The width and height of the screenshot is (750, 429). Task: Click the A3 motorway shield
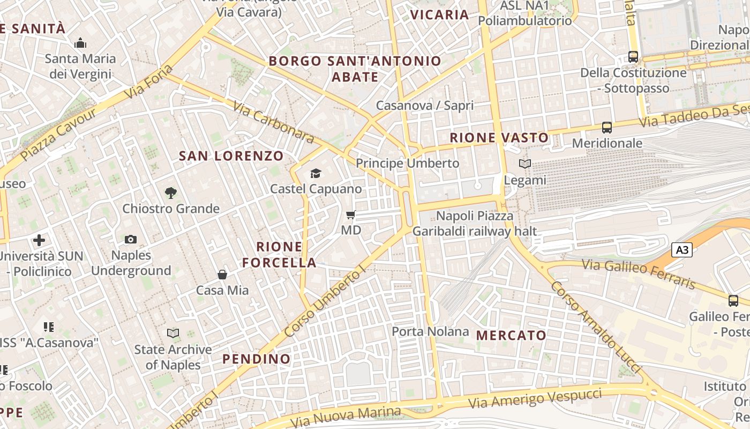[681, 249]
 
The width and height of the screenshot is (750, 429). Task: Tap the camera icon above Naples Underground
[131, 239]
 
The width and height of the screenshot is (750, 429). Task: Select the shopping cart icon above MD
[351, 214]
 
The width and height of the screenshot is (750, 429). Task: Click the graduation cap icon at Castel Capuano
[316, 173]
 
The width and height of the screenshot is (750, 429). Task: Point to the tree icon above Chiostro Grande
[171, 193]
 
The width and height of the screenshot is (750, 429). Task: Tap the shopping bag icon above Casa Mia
[222, 275]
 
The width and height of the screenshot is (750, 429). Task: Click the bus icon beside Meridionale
[607, 128]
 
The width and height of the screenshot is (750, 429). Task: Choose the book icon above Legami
[525, 164]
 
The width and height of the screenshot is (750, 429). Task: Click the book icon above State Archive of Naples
[173, 334]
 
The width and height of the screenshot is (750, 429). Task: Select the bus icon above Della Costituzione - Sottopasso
[633, 56]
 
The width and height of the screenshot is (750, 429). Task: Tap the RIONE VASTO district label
[499, 138]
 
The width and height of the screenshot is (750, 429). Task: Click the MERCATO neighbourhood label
[511, 336]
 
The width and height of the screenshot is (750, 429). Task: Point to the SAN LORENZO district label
[231, 156]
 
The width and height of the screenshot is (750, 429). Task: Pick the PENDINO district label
[257, 359]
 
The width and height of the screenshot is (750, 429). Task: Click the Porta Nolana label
[430, 331]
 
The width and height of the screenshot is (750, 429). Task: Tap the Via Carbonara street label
[273, 122]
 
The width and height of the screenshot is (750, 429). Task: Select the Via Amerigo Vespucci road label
[536, 399]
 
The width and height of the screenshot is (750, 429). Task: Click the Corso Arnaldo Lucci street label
[595, 327]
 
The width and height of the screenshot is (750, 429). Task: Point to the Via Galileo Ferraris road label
[638, 274]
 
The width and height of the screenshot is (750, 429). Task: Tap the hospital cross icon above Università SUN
[39, 240]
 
